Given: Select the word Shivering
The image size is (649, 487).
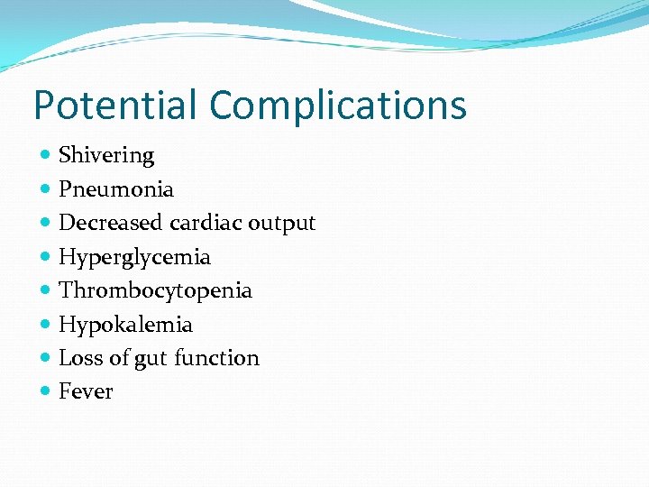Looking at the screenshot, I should point(106,156).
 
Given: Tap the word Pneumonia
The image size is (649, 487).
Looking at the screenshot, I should point(116,189).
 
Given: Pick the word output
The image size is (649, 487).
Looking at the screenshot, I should point(282,223).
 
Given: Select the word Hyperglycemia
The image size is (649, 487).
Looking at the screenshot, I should point(134,257).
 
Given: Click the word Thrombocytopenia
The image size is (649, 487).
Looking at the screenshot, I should point(155,290).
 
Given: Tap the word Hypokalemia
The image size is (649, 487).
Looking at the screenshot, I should point(125,325).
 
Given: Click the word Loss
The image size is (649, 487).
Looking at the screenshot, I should point(80,358).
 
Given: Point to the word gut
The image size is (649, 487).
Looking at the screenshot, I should point(151,359).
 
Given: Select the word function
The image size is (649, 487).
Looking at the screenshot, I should point(216,358).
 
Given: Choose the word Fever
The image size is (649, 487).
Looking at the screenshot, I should point(86,391).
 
